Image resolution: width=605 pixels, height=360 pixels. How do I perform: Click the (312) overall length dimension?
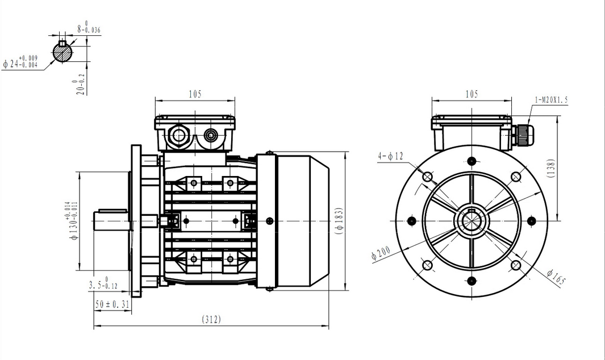click(x=211, y=320)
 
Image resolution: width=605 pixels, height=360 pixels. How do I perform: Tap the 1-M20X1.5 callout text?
click(x=551, y=100)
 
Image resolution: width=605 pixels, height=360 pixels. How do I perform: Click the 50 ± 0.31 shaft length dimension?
click(x=112, y=304)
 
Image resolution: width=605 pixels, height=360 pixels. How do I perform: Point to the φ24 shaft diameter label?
click(x=20, y=62)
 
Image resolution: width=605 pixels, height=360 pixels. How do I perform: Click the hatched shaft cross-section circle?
click(x=62, y=52)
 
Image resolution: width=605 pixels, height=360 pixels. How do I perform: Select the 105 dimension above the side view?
click(x=194, y=94)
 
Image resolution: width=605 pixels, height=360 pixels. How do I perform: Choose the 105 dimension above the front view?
click(x=472, y=94)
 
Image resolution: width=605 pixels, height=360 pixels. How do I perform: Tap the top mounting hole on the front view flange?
click(x=472, y=161)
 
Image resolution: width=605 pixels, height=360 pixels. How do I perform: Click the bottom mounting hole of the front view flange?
click(x=472, y=279)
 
